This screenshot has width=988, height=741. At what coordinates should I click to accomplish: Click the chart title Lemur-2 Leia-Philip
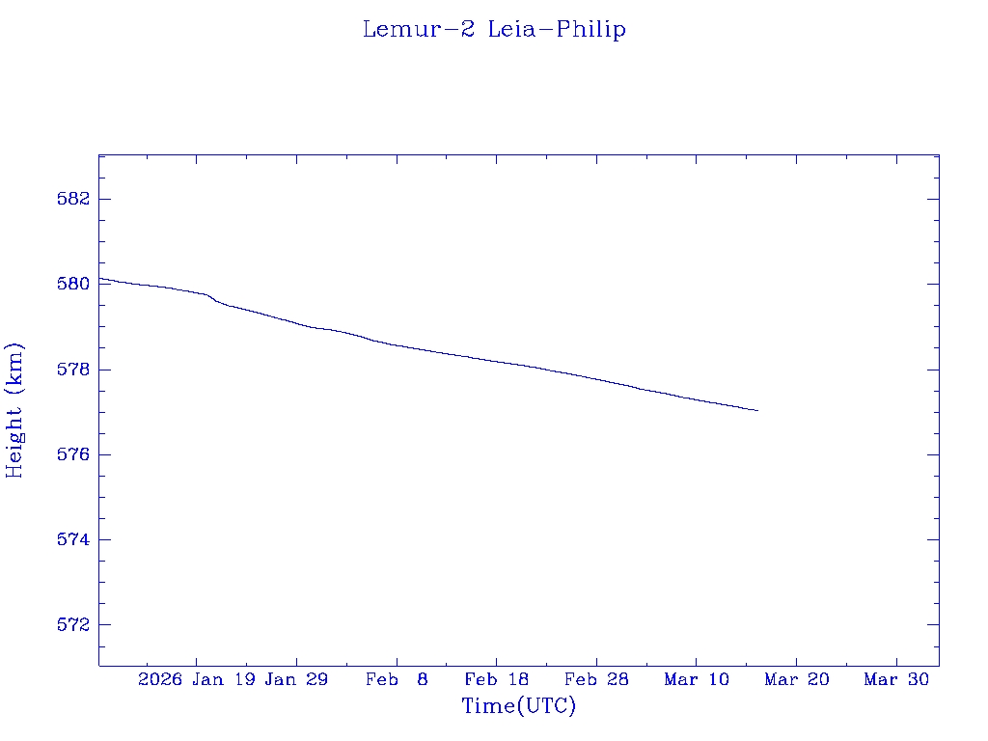(494, 30)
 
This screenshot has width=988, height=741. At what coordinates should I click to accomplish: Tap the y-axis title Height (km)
(14, 410)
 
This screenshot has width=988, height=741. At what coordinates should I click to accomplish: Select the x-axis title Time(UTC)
(518, 706)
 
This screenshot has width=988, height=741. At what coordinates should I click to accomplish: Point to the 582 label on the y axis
(73, 199)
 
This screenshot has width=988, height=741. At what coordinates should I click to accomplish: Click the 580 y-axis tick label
(73, 284)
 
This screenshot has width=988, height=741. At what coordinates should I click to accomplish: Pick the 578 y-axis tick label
(73, 370)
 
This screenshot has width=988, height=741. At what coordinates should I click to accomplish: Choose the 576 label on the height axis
(73, 454)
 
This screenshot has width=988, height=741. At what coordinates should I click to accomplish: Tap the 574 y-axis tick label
(73, 539)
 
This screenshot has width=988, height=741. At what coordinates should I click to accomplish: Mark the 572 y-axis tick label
(73, 624)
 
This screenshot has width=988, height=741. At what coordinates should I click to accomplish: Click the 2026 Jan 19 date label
(196, 680)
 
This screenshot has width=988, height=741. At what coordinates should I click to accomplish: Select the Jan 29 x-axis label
(296, 680)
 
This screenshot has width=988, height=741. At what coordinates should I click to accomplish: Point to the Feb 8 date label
(397, 680)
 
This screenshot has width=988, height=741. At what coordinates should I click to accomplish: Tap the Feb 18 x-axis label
(496, 680)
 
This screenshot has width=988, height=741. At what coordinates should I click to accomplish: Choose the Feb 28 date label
(596, 680)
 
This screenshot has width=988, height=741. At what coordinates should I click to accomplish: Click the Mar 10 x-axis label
(697, 680)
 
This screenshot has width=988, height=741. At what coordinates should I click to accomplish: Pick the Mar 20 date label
(796, 680)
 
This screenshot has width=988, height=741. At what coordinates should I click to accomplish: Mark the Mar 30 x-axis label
(896, 680)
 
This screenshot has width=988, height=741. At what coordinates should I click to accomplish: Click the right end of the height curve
(757, 410)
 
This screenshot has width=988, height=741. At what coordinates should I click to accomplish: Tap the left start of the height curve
(100, 278)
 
